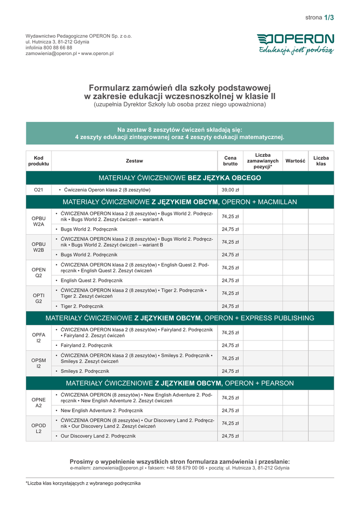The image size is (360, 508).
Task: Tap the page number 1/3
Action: coord(329,17)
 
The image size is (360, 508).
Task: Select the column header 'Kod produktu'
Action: coord(39,161)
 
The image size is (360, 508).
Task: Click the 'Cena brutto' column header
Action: coord(230,161)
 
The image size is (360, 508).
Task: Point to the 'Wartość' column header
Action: coord(295,161)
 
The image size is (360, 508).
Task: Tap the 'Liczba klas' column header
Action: coord(321,161)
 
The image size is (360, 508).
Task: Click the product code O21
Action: coord(39,190)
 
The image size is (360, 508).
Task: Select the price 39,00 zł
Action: coord(230,190)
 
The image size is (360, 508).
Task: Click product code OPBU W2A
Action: coord(39,221)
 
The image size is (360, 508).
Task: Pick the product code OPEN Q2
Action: coord(39,273)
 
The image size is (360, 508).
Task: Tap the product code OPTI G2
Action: coord(39,298)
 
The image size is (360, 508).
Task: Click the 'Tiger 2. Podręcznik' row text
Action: coord(82,306)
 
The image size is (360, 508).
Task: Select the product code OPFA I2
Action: coord(39,338)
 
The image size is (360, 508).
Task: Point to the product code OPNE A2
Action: coord(39,402)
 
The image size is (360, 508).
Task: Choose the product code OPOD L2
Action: coord(39,428)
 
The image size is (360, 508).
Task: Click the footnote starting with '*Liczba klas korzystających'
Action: coord(83,483)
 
